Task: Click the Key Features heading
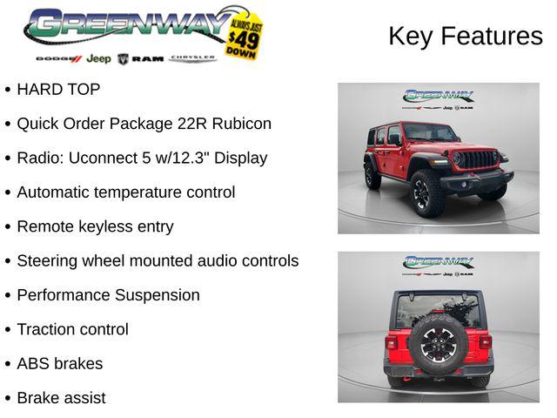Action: pyautogui.click(x=465, y=36)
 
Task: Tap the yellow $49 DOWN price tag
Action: pyautogui.click(x=245, y=36)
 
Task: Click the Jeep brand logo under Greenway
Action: pyautogui.click(x=98, y=58)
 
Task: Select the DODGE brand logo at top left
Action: pyautogui.click(x=58, y=58)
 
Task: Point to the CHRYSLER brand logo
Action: pyautogui.click(x=192, y=58)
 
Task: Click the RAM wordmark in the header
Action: pyautogui.click(x=147, y=58)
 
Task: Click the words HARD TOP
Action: pyautogui.click(x=58, y=89)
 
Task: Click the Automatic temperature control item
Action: pyautogui.click(x=125, y=192)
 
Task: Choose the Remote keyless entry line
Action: pyautogui.click(x=95, y=226)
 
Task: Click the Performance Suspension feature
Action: pyautogui.click(x=108, y=295)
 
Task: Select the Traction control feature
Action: pyautogui.click(x=72, y=329)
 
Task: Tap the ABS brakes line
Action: pyautogui.click(x=59, y=363)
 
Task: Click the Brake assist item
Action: pyautogui.click(x=61, y=398)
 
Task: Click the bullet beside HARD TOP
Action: pyautogui.click(x=8, y=90)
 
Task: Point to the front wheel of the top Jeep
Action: pyautogui.click(x=427, y=193)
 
